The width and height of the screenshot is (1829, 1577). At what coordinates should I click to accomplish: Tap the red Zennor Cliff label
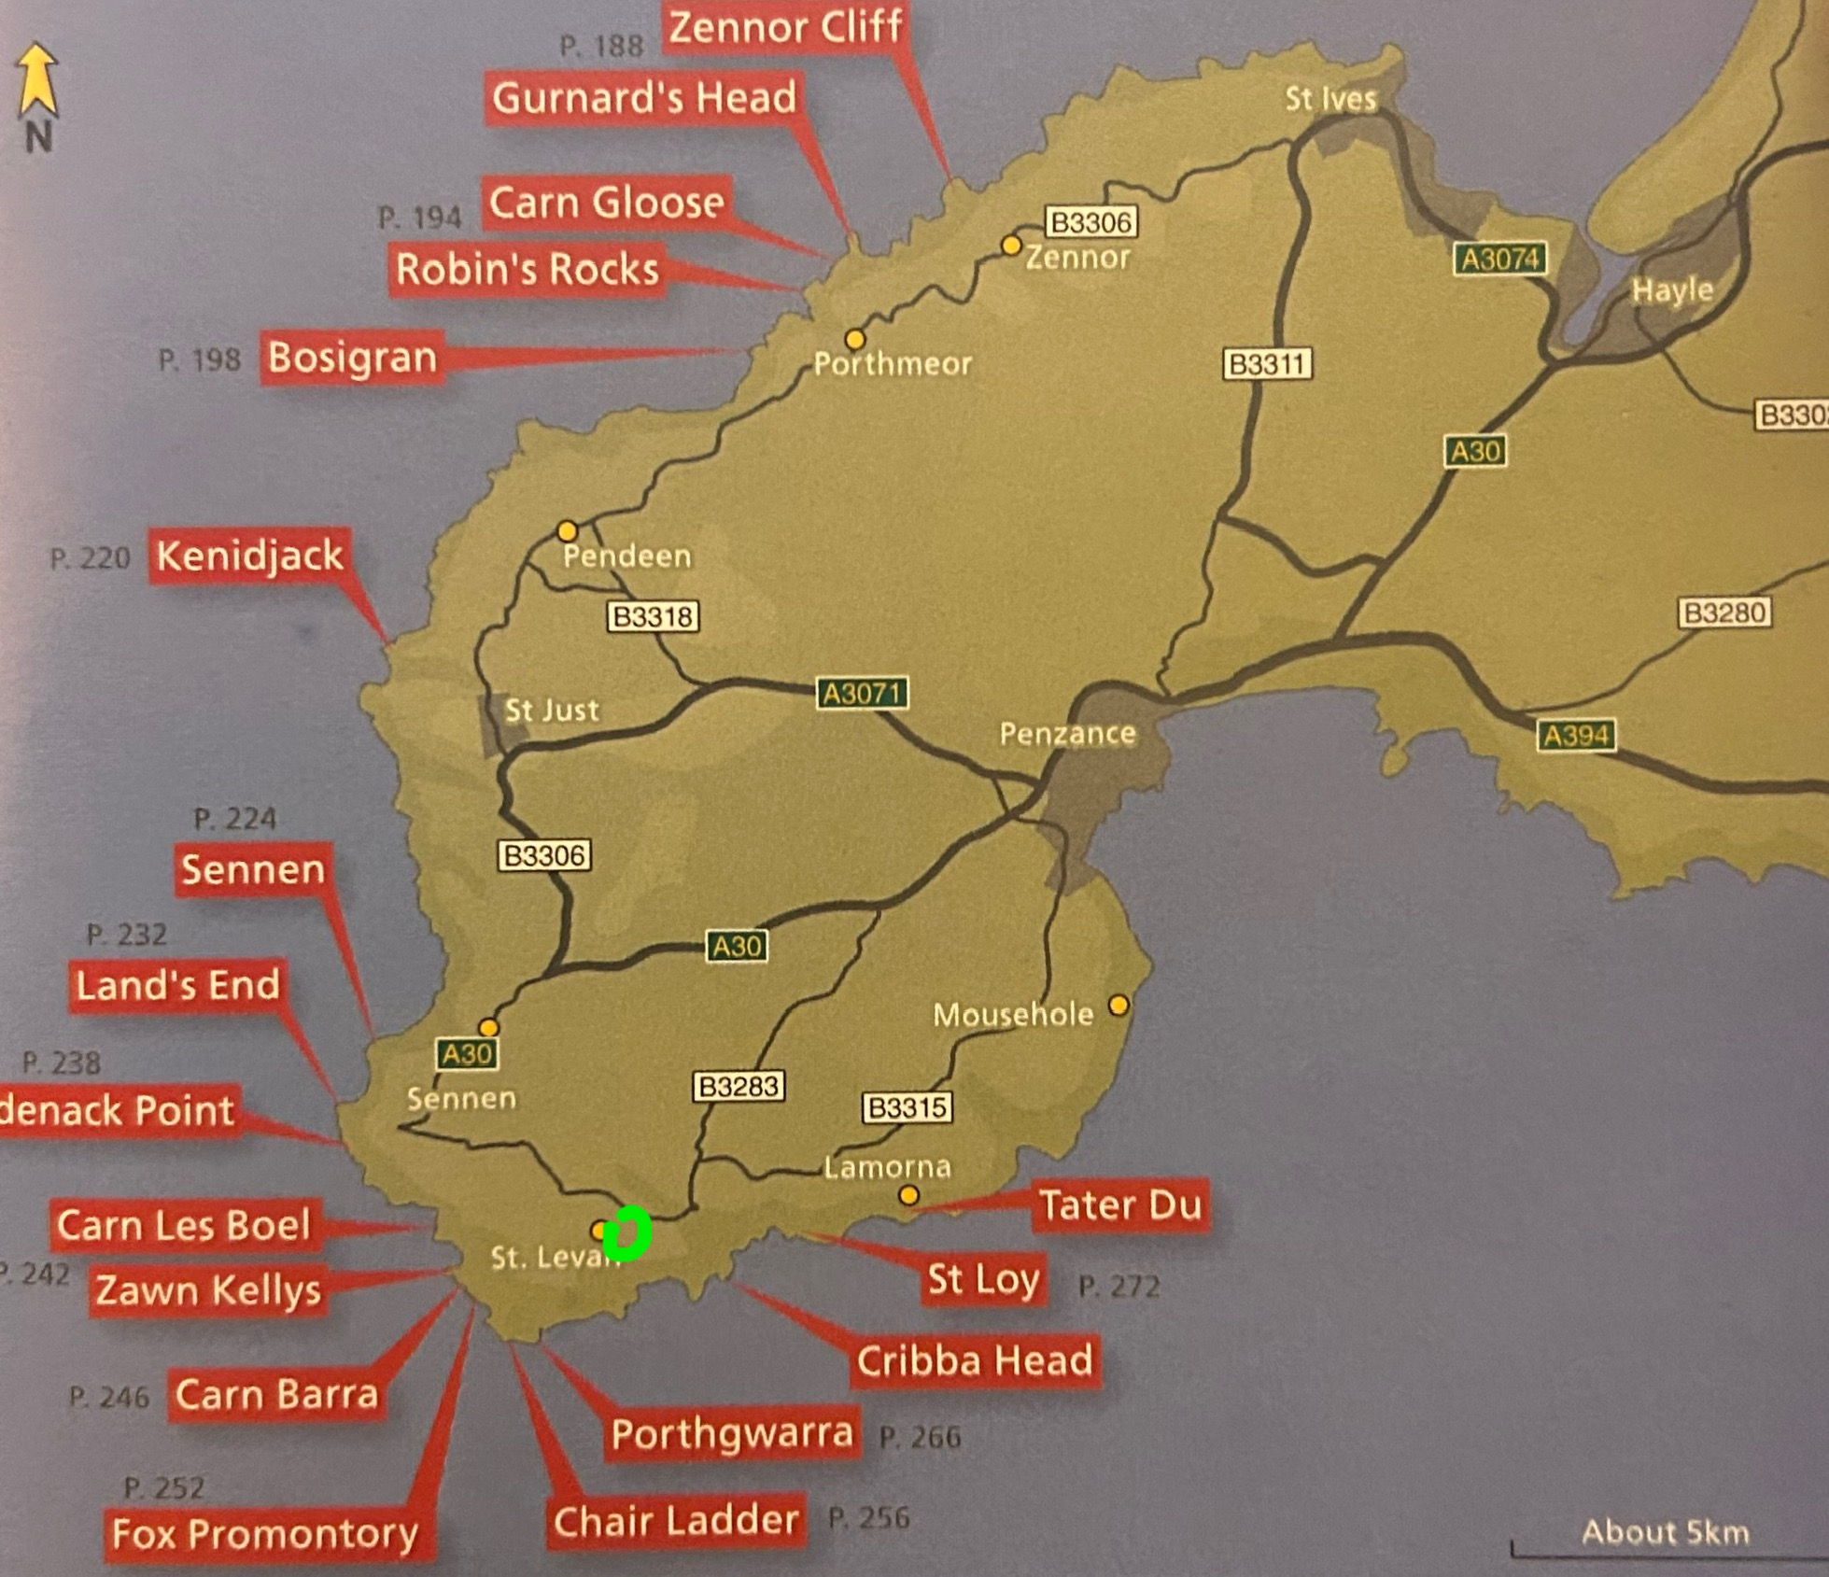(x=786, y=26)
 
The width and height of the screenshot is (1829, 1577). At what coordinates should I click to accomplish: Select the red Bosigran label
(x=352, y=358)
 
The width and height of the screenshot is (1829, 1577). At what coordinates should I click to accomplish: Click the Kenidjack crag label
(x=249, y=556)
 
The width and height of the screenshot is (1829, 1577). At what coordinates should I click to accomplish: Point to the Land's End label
(x=177, y=985)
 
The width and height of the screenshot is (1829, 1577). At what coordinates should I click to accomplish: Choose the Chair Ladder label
(x=676, y=1521)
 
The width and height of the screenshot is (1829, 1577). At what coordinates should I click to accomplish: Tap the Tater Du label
(x=1119, y=1205)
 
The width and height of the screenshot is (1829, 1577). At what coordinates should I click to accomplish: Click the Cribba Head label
(x=975, y=1361)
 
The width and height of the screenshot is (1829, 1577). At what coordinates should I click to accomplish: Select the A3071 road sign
(x=862, y=694)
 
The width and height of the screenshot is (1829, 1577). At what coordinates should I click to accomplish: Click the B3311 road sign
(x=1267, y=364)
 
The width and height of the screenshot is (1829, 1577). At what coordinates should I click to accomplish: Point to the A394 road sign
(x=1576, y=736)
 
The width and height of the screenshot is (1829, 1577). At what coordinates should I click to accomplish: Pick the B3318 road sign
(x=653, y=617)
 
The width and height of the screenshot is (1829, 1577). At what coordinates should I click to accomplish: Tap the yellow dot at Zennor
(x=1011, y=246)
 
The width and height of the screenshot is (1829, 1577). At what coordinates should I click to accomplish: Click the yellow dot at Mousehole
(x=1119, y=1006)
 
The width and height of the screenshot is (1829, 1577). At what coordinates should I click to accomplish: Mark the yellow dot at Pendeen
(x=567, y=531)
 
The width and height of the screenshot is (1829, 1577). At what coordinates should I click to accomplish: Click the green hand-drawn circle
(x=626, y=1233)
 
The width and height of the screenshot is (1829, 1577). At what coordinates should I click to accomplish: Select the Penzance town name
(x=1067, y=734)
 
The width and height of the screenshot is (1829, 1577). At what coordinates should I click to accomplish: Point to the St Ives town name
(x=1330, y=99)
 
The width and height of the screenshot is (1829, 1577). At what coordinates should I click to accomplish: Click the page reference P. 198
(x=200, y=360)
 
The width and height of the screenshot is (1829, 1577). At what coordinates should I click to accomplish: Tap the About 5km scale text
(x=1665, y=1532)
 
